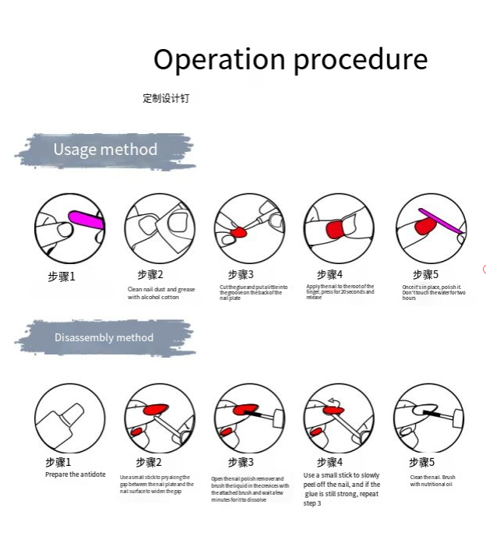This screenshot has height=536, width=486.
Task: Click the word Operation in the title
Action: point(209,59)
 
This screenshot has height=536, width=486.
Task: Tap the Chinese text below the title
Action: point(166,98)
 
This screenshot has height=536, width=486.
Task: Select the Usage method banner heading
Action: point(105,150)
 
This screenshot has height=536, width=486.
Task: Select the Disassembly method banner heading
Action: point(104,337)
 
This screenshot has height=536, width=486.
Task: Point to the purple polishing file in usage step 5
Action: point(441,220)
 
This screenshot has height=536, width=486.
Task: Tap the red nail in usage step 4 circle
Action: point(337,230)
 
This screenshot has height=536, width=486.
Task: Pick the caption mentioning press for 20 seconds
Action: point(340,291)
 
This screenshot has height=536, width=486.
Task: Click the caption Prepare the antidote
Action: point(75,474)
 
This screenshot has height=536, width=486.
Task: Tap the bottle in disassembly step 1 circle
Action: point(65,421)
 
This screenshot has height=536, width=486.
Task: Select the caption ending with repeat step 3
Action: point(342,489)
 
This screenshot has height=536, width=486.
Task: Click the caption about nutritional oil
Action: point(432,481)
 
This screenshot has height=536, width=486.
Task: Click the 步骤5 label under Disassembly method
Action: point(421,462)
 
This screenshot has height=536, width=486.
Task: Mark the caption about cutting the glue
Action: point(253,292)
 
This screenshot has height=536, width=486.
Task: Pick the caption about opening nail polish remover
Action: point(250,489)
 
